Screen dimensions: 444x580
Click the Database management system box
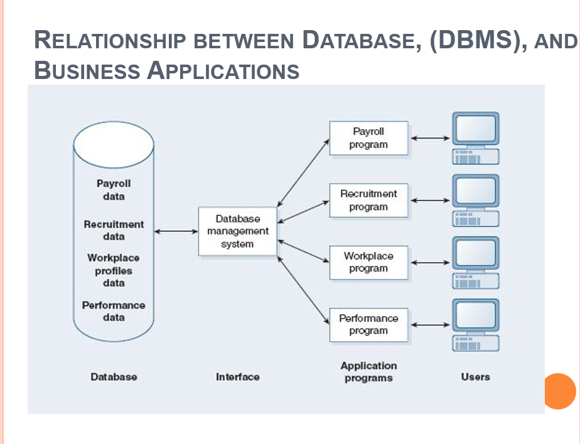(x=237, y=231)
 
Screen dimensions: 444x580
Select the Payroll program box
(x=368, y=138)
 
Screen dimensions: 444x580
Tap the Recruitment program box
(x=368, y=200)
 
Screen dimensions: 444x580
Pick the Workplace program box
(x=368, y=262)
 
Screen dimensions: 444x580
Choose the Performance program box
(x=368, y=324)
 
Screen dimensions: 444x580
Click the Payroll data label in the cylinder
(x=114, y=190)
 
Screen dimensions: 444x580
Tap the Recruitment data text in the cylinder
(x=114, y=230)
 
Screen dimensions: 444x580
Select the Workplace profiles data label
(x=114, y=270)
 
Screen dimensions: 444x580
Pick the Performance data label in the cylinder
(x=114, y=311)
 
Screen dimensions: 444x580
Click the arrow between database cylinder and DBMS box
(x=176, y=231)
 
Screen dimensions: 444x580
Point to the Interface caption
(x=237, y=377)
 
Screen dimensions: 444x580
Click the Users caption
(x=475, y=376)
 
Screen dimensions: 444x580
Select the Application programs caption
(x=368, y=371)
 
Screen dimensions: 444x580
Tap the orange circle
(x=559, y=391)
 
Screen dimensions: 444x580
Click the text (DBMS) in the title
(x=478, y=40)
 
